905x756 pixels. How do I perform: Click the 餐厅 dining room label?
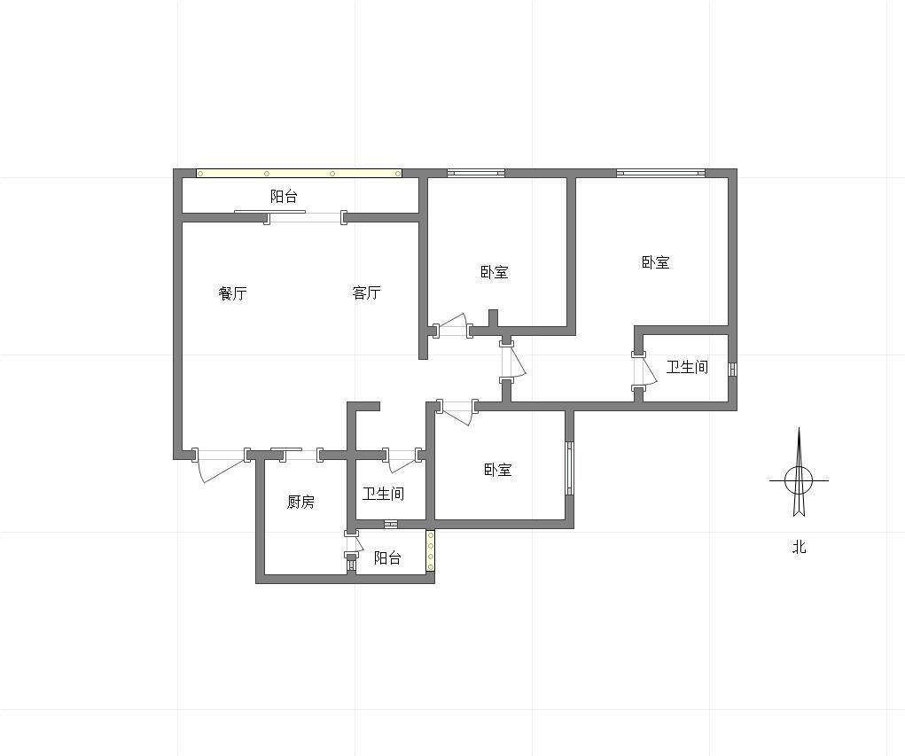tap(232, 293)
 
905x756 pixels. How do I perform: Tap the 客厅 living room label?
tap(366, 292)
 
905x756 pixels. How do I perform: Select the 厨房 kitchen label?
tap(300, 502)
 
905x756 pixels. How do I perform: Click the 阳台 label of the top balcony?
tap(284, 196)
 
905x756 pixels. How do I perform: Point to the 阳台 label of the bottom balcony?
tap(387, 558)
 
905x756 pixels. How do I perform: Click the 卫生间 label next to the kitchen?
tap(383, 494)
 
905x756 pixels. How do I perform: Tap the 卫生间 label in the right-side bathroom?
tap(687, 367)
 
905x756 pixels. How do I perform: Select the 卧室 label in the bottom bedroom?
tap(498, 470)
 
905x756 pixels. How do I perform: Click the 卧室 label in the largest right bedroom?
tap(656, 262)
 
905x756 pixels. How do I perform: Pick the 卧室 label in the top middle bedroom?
tap(495, 272)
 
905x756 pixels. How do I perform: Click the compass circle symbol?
tap(799, 479)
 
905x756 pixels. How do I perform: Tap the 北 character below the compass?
tap(799, 547)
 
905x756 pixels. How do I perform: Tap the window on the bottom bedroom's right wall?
tap(569, 468)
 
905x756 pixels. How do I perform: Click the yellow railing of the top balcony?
tap(299, 173)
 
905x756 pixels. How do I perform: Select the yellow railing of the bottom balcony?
tap(430, 551)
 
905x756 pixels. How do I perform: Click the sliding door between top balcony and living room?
tap(305, 216)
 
